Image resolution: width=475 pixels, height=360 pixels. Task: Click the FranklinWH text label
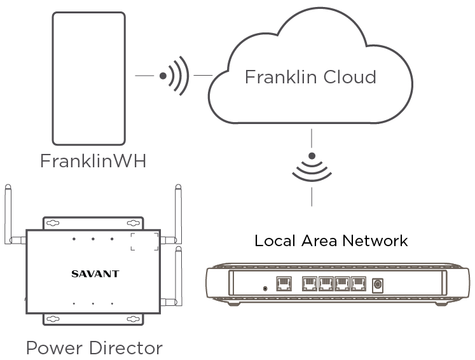(x=93, y=161)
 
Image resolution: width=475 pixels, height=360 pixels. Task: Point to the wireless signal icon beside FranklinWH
(x=175, y=76)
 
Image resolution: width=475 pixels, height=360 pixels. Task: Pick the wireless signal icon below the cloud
(x=312, y=167)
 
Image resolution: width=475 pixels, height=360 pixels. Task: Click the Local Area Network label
(x=331, y=241)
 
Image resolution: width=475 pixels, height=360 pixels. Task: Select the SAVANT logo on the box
(x=95, y=274)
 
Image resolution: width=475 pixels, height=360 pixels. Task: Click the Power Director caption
(x=94, y=348)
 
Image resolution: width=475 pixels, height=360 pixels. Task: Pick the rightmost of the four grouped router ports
(x=359, y=284)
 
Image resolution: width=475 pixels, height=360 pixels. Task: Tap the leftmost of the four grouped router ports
(x=310, y=284)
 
